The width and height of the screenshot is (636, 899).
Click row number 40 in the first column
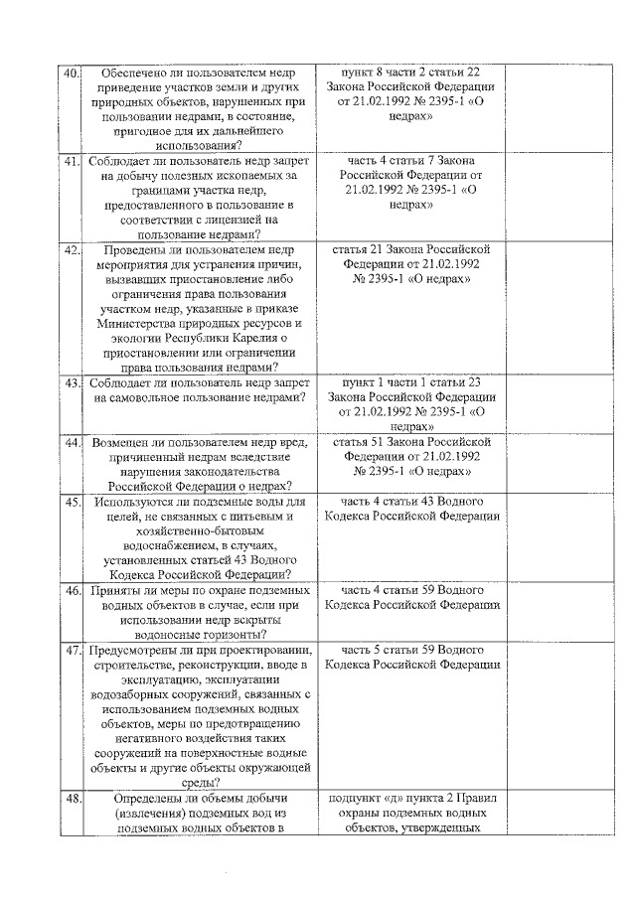[x=72, y=74]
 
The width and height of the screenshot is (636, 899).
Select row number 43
[x=72, y=382]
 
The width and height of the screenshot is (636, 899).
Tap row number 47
[x=72, y=651]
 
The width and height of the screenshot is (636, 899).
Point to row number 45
[x=72, y=502]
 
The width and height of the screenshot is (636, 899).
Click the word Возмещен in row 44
[x=126, y=441]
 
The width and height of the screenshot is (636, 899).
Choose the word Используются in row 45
[x=135, y=502]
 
